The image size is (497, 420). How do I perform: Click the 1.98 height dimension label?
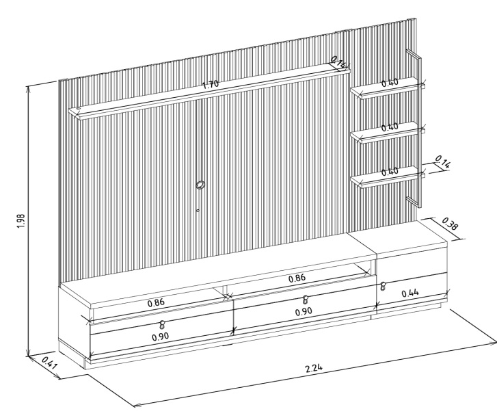click(21, 221)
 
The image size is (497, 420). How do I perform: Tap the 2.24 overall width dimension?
click(314, 368)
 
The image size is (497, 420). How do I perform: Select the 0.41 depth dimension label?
click(50, 363)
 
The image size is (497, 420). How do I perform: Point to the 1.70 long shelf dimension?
click(211, 84)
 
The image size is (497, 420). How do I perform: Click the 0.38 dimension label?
click(450, 223)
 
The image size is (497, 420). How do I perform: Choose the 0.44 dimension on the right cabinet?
click(410, 293)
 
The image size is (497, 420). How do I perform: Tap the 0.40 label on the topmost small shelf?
click(390, 83)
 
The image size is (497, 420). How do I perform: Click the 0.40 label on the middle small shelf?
click(390, 127)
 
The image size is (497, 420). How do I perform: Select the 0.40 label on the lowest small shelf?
click(390, 172)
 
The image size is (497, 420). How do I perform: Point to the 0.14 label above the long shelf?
click(339, 62)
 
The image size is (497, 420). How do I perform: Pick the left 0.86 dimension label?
click(157, 302)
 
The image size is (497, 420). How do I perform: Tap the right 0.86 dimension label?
click(297, 278)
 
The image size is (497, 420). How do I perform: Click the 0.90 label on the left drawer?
click(161, 337)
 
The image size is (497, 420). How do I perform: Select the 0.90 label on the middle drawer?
click(304, 311)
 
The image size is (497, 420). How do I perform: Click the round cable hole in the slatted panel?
click(200, 185)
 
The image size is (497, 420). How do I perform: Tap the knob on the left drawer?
click(162, 324)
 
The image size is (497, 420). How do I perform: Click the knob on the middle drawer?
click(305, 299)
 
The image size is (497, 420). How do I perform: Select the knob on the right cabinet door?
click(383, 286)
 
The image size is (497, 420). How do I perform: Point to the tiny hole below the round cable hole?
click(198, 210)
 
